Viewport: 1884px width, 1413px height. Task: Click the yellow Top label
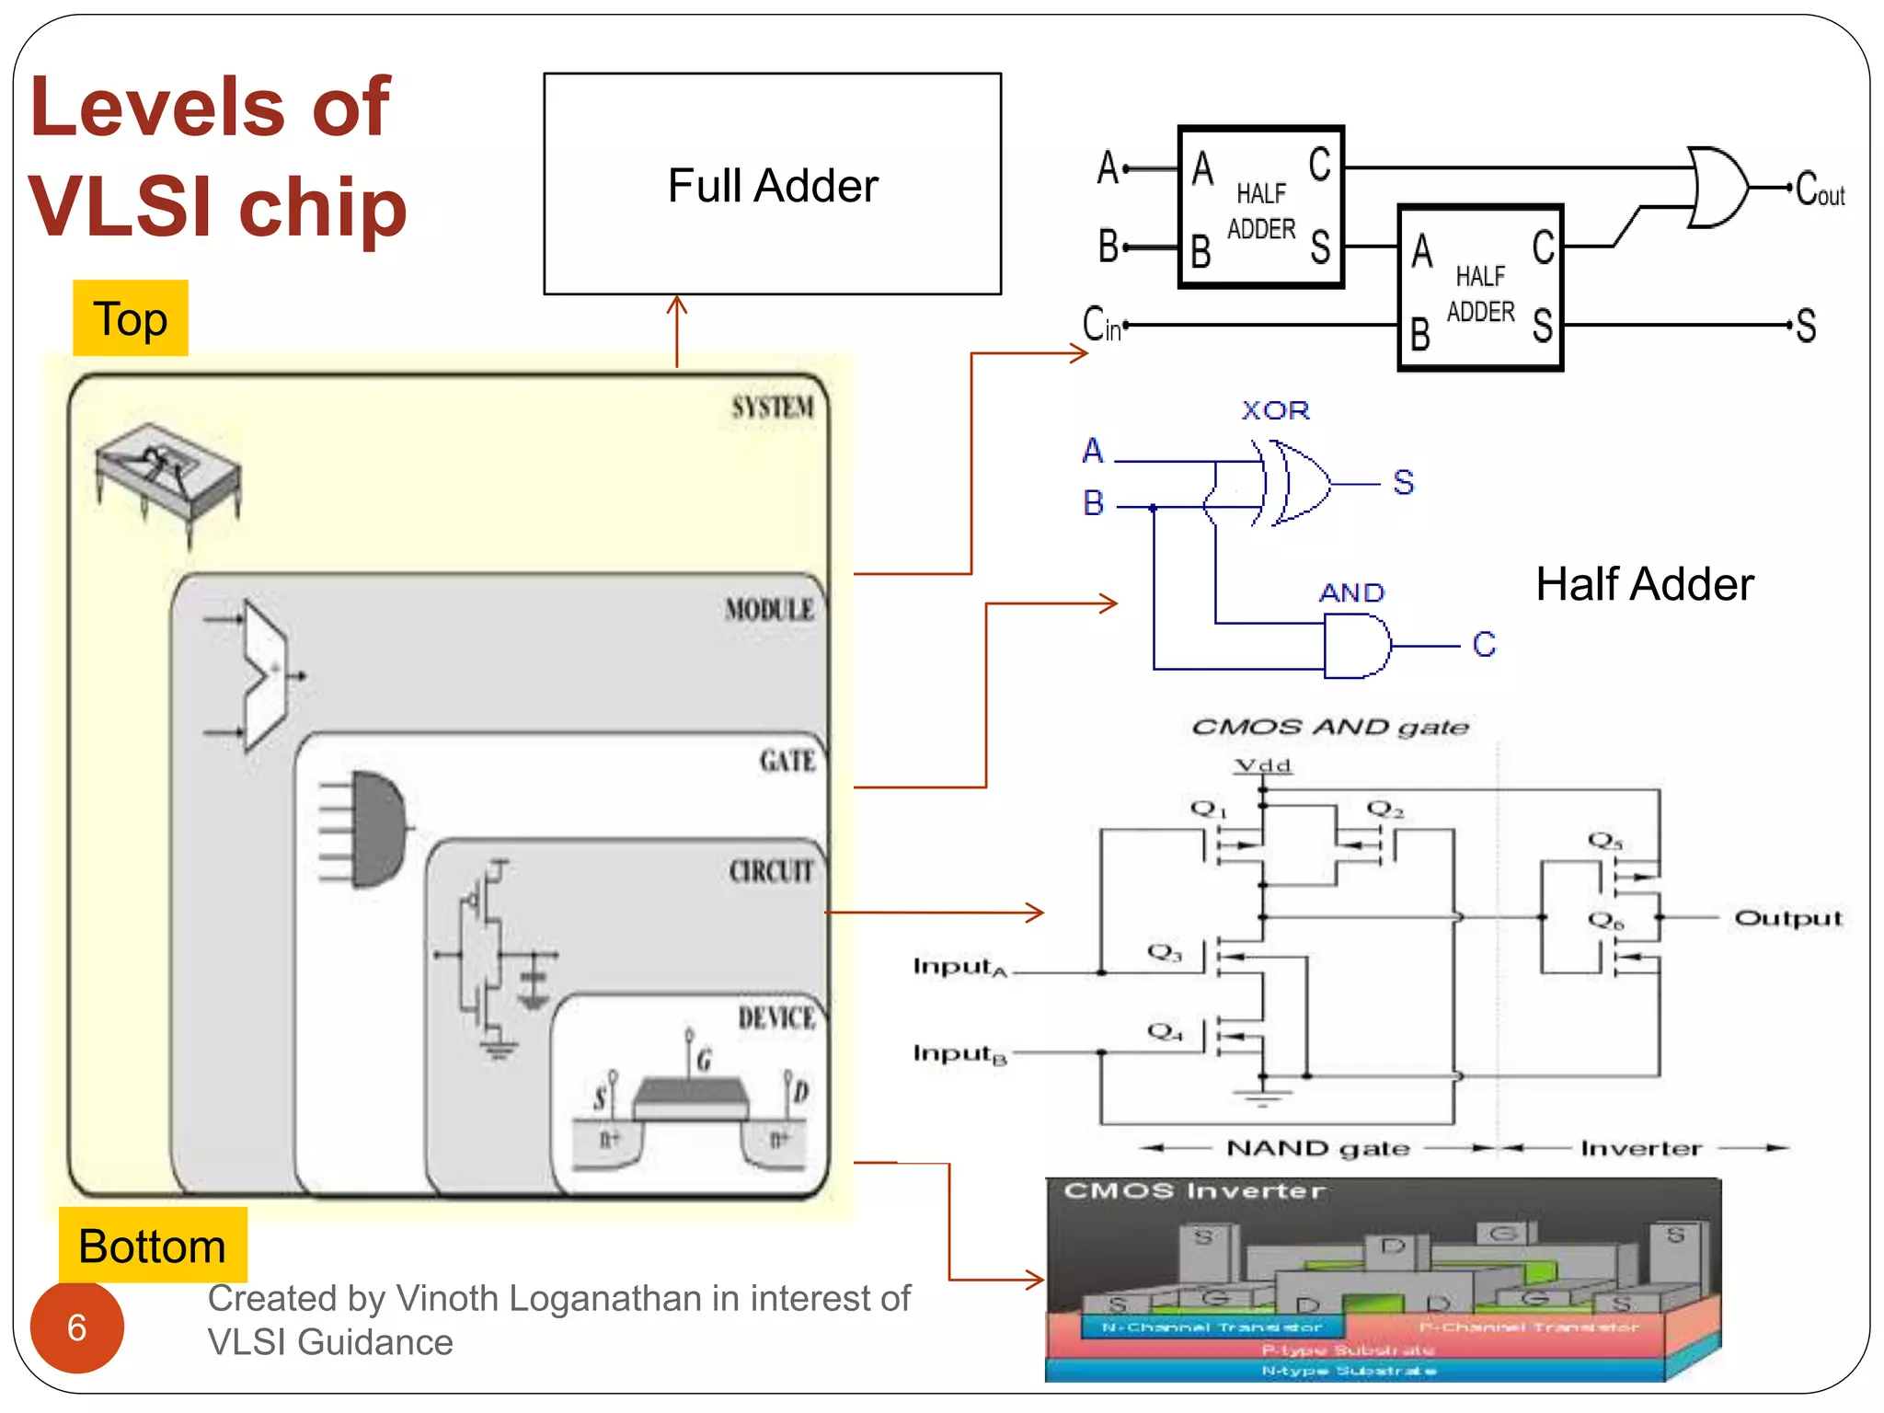(131, 318)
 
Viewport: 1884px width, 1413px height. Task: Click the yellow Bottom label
(153, 1246)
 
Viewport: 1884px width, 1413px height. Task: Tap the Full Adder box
(772, 184)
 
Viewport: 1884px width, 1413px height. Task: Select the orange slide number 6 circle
(77, 1327)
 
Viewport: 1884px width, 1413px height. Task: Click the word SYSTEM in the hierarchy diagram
(772, 407)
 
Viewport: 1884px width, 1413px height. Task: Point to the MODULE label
(769, 609)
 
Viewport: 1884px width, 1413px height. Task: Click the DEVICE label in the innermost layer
(775, 1017)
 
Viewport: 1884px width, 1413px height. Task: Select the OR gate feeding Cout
(1717, 187)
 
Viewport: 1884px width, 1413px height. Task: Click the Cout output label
(1820, 190)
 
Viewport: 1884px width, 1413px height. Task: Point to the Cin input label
(1101, 325)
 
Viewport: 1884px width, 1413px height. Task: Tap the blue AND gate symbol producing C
(1356, 646)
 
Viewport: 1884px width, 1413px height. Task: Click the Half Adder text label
(1645, 584)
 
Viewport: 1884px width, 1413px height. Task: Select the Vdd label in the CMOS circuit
(1263, 765)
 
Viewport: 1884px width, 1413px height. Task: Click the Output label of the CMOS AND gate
(1787, 918)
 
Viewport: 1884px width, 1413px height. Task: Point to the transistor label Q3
(1164, 951)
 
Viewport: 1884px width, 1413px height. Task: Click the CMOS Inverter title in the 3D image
(1193, 1190)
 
